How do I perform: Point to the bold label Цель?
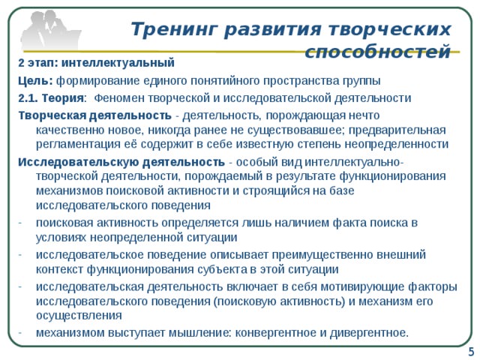coord(35,80)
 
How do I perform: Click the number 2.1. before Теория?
coord(30,97)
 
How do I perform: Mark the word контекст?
coord(61,269)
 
